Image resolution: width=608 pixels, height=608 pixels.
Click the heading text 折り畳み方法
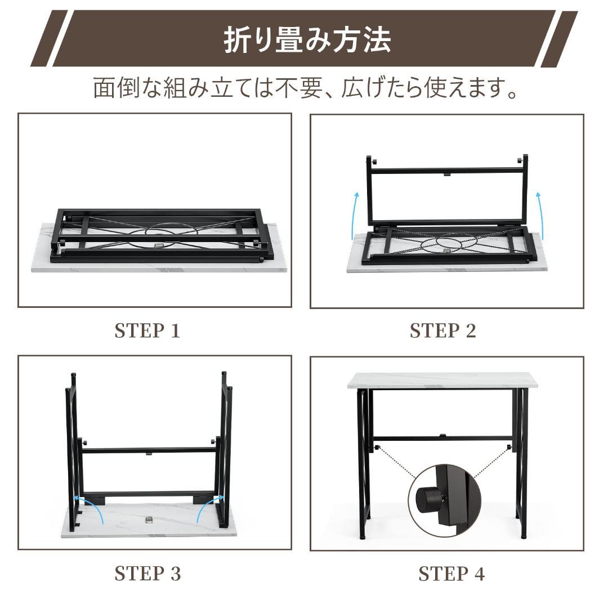[307, 40]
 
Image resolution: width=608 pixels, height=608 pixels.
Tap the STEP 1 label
[147, 331]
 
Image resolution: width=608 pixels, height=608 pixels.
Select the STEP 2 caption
[442, 331]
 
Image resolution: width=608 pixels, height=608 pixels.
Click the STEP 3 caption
[147, 574]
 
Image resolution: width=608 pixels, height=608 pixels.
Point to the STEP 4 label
[451, 574]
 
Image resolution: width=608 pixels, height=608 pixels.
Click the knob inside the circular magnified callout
[428, 497]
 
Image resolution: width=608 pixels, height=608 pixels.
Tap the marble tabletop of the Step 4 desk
[442, 380]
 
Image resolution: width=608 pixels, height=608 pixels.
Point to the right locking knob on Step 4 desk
[509, 448]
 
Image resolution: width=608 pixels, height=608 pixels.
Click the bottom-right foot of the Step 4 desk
[523, 535]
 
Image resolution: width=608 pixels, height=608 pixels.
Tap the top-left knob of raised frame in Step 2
[373, 162]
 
